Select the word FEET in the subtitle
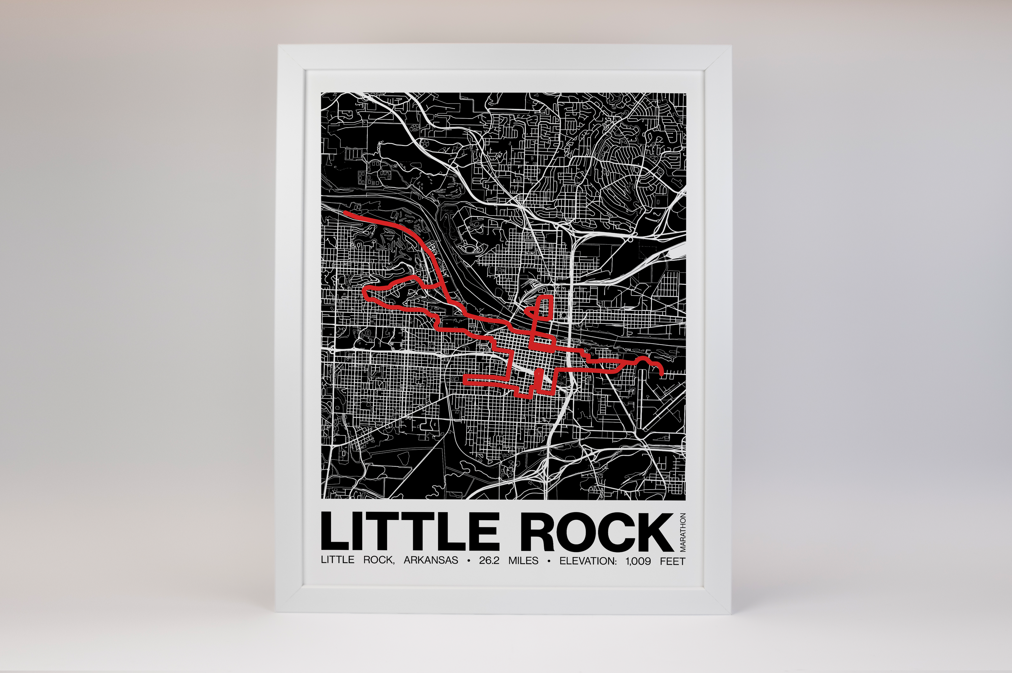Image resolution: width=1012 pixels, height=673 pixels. point(673,561)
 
